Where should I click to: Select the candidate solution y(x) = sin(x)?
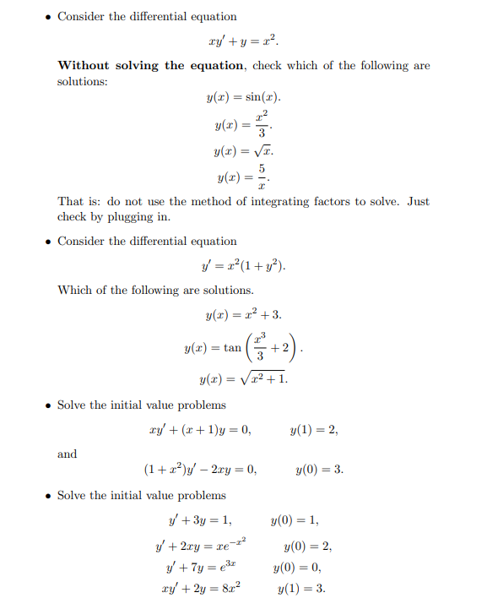tap(243, 97)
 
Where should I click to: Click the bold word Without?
tap(86, 65)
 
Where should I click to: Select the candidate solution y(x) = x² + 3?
tap(243, 315)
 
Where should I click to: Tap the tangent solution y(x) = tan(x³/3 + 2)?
tap(243, 347)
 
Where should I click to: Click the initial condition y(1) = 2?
tap(313, 429)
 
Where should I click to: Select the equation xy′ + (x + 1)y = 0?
tap(200, 429)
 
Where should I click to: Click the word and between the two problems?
tap(67, 454)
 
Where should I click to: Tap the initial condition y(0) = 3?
tap(320, 470)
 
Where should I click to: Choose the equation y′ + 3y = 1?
tap(201, 520)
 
